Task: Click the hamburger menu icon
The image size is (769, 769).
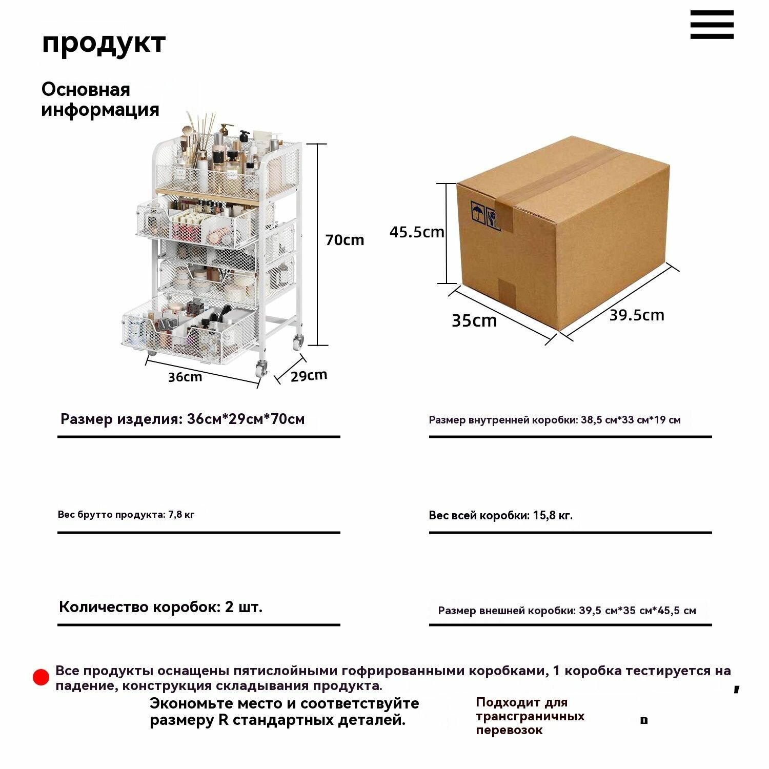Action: tap(712, 25)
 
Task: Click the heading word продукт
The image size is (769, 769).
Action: tap(104, 43)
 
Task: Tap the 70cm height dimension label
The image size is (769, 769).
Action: tap(345, 240)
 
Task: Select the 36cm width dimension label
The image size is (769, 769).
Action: tap(185, 377)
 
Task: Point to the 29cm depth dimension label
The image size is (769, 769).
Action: tap(309, 376)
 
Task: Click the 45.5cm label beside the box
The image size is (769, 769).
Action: tap(417, 232)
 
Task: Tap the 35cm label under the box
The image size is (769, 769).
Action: tap(474, 321)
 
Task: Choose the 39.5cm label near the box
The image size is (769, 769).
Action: tap(637, 315)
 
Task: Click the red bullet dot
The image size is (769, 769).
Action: tap(41, 677)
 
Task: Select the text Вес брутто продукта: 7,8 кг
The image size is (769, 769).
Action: tap(126, 514)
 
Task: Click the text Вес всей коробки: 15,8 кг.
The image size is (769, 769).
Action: tap(500, 515)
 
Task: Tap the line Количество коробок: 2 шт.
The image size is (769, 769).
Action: tap(161, 607)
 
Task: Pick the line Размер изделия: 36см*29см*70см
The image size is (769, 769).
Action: tap(183, 419)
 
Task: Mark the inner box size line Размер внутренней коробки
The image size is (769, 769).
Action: tap(555, 420)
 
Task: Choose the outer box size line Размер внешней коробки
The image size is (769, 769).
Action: tap(567, 611)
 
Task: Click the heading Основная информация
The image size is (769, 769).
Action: tap(100, 99)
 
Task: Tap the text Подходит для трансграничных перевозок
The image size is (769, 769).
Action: tap(530, 716)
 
